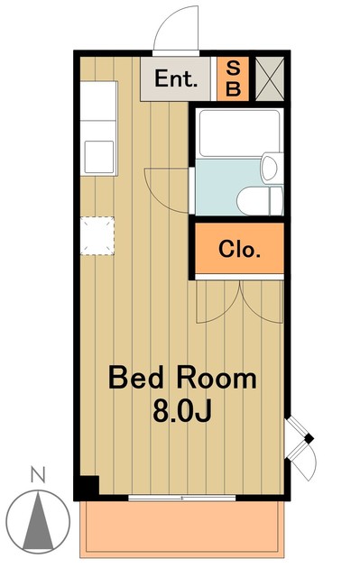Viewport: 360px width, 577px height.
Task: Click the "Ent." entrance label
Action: [x=176, y=78]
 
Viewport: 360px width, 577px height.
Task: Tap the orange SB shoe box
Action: [x=233, y=78]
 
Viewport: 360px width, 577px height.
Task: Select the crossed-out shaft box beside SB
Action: [x=270, y=78]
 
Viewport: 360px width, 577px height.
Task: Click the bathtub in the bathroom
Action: [x=239, y=133]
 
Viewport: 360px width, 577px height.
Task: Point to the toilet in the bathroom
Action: [x=260, y=200]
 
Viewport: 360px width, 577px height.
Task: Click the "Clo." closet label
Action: [x=239, y=249]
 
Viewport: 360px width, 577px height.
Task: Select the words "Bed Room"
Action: [x=182, y=378]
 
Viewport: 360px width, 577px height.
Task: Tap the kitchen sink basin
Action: [x=99, y=157]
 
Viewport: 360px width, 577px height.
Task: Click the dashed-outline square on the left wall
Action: [x=97, y=236]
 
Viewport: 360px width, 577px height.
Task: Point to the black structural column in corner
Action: [x=87, y=486]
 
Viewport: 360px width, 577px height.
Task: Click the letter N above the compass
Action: [x=38, y=475]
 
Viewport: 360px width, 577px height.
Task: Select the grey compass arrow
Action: [x=38, y=522]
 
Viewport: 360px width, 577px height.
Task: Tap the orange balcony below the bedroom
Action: [x=182, y=529]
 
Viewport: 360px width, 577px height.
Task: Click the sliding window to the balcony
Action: [x=182, y=498]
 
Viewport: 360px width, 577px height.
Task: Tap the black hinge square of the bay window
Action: [x=309, y=439]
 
